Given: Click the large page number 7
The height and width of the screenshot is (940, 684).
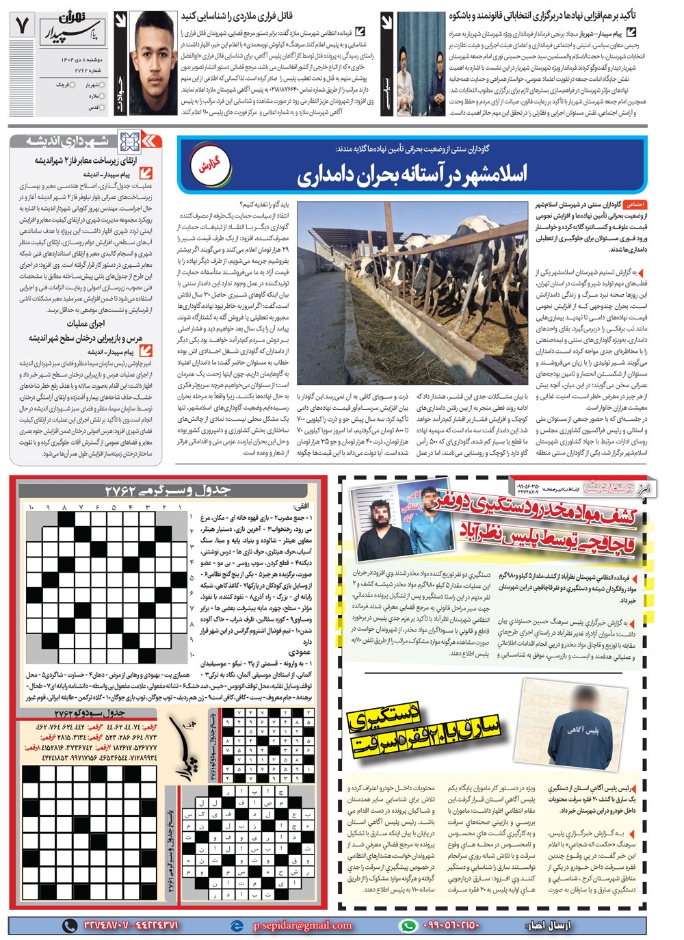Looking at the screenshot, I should (23, 26).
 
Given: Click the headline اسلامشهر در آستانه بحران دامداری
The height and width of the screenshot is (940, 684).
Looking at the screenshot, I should (412, 175).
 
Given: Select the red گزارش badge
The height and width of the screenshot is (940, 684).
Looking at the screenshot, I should (208, 166).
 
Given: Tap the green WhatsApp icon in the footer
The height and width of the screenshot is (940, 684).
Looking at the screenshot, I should (408, 926).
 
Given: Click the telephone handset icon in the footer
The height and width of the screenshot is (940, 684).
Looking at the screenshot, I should (70, 926).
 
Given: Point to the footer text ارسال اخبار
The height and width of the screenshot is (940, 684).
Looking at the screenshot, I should (547, 926).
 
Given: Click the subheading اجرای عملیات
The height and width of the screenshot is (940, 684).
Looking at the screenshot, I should (85, 324).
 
